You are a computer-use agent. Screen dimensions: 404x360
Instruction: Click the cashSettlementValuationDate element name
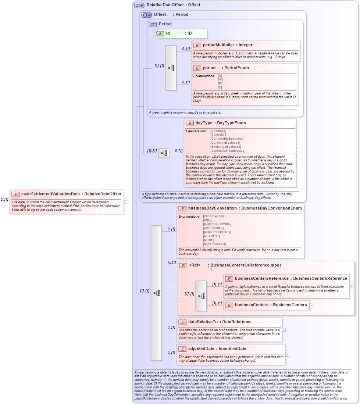pyautogui.click(x=50, y=194)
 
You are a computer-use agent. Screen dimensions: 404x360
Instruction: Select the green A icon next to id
pyautogui.click(x=160, y=33)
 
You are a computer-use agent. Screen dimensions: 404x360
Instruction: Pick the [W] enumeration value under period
pyautogui.click(x=220, y=79)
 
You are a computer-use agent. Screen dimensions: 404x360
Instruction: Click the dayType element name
pyautogui.click(x=204, y=123)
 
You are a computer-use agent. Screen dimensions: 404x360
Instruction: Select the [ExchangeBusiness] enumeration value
pyautogui.click(x=226, y=147)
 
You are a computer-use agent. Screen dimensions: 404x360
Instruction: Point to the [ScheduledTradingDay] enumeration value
pyautogui.click(x=228, y=151)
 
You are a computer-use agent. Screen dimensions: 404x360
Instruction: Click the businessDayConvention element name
pyautogui.click(x=213, y=208)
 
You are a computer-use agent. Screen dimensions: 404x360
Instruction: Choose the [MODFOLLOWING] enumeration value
pyautogui.click(x=217, y=224)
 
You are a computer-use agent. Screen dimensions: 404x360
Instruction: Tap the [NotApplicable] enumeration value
pyautogui.click(x=214, y=244)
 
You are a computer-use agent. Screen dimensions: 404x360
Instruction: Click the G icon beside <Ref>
pyautogui.click(x=183, y=265)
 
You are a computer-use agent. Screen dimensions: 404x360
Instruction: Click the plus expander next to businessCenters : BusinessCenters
pyautogui.click(x=311, y=305)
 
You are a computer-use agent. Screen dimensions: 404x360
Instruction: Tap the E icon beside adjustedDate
pyautogui.click(x=182, y=349)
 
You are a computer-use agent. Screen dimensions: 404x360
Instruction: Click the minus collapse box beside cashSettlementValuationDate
pyautogui.click(x=125, y=201)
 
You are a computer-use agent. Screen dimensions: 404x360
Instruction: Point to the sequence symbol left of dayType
pyautogui.click(x=164, y=153)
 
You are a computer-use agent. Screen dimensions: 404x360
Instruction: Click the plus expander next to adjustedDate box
pyautogui.click(x=287, y=355)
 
